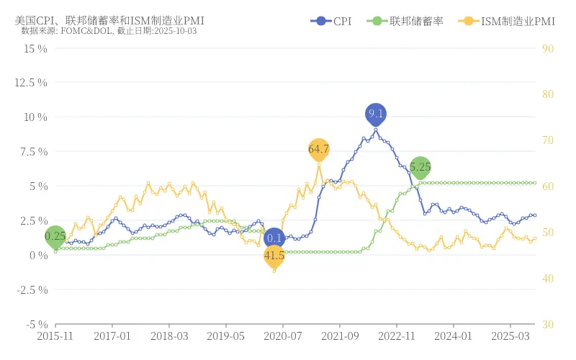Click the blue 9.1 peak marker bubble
click(376, 114)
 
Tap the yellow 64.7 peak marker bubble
click(318, 149)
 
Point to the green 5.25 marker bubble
click(420, 166)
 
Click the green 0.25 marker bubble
click(55, 236)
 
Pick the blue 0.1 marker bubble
click(274, 238)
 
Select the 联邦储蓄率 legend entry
click(404, 22)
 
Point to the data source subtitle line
click(109, 31)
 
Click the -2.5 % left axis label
click(32, 290)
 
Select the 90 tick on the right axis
click(547, 48)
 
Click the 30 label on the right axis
click(547, 325)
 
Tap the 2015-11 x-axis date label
click(55, 336)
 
